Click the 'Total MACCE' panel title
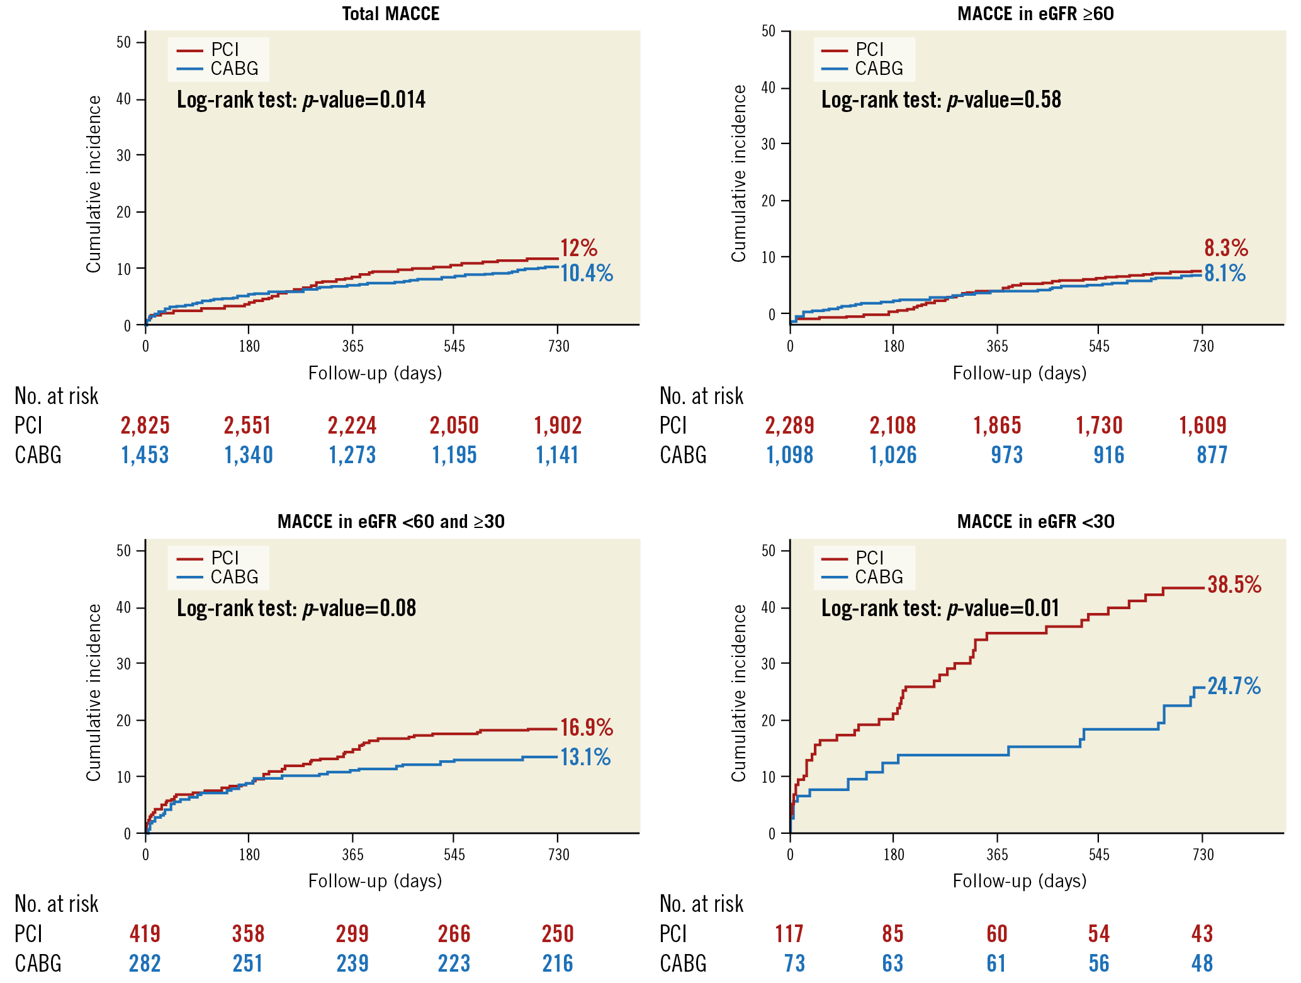tap(390, 14)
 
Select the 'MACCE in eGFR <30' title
tap(1035, 522)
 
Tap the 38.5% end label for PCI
tap(1234, 585)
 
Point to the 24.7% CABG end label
tap(1234, 686)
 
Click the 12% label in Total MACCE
tap(579, 248)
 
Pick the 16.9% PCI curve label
tap(587, 727)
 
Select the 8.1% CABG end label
tap(1225, 274)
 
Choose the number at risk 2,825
tap(145, 426)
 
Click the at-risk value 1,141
tap(557, 455)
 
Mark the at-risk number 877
tap(1212, 455)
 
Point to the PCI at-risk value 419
tap(145, 934)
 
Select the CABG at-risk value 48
tap(1202, 963)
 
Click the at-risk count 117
tap(789, 934)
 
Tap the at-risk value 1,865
tap(997, 426)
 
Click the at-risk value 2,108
tap(893, 426)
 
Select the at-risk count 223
tap(454, 963)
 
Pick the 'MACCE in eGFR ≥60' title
tap(1035, 14)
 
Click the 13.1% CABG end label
tap(585, 758)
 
